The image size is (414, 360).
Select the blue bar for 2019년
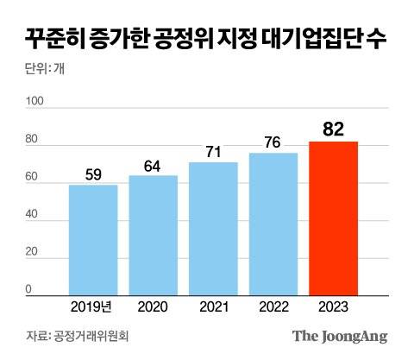point(93,240)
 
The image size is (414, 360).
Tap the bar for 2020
point(154,236)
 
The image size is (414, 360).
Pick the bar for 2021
point(213,229)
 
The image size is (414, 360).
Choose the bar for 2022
point(273,224)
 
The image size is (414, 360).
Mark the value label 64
point(154,166)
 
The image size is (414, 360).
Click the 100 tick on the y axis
point(34,102)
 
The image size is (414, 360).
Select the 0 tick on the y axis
point(29,289)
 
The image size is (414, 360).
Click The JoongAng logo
point(339,336)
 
